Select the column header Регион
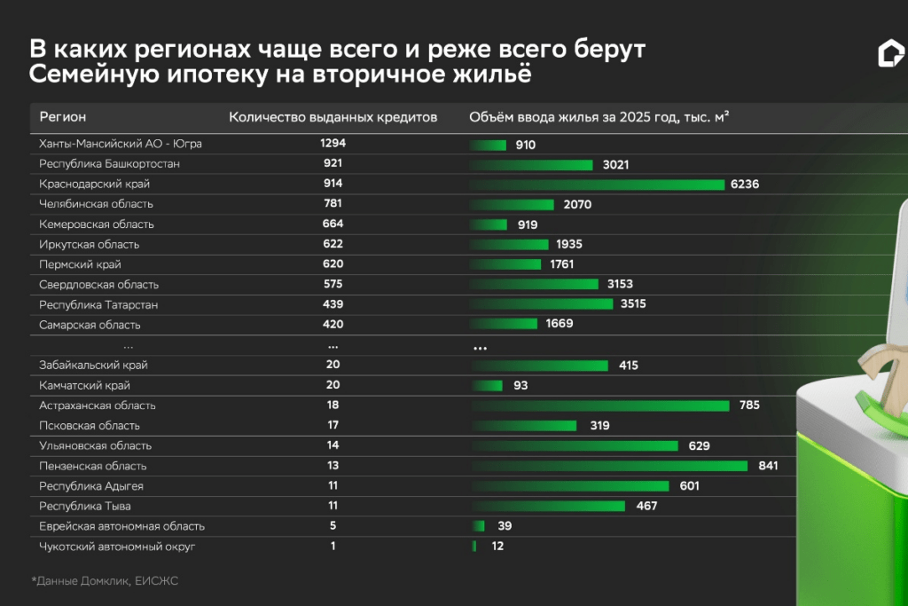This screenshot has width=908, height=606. click(x=62, y=117)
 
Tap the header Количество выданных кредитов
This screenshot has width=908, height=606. click(x=333, y=117)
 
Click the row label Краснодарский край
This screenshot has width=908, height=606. click(x=94, y=184)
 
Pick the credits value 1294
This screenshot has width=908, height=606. click(x=333, y=143)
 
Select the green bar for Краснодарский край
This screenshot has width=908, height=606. click(x=598, y=185)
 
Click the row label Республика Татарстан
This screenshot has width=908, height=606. click(x=98, y=304)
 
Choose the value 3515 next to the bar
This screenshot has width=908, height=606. click(x=632, y=304)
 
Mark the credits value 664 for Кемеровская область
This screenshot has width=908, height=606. click(x=333, y=224)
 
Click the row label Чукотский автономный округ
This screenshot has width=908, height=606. click(x=116, y=547)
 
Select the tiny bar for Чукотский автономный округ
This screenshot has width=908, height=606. click(x=474, y=547)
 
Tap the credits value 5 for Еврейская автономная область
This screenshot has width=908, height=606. click(x=333, y=526)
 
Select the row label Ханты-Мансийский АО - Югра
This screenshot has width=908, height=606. click(x=121, y=143)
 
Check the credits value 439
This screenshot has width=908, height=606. click(x=333, y=304)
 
